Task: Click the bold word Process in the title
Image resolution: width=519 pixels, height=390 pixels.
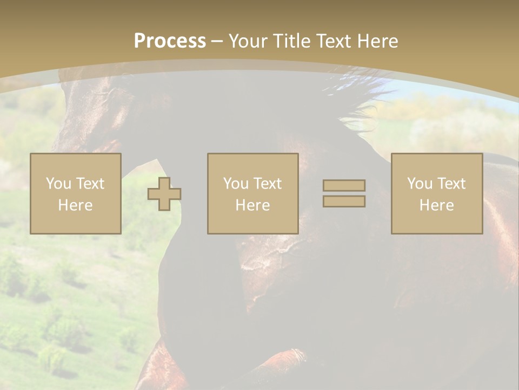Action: (170, 41)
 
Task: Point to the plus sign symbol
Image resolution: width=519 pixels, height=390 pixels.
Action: (164, 193)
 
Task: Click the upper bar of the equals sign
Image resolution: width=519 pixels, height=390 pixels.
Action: (344, 185)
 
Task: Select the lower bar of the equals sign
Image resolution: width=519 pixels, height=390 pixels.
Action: (344, 201)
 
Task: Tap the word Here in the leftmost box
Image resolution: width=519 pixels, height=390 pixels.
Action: (76, 205)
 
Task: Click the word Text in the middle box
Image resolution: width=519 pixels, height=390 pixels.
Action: (267, 184)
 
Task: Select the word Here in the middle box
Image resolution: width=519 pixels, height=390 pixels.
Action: (253, 205)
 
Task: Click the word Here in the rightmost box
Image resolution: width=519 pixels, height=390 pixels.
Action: (437, 205)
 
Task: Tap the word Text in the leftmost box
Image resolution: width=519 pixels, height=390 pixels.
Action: (89, 184)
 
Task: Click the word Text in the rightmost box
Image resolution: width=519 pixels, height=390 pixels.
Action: (451, 184)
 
